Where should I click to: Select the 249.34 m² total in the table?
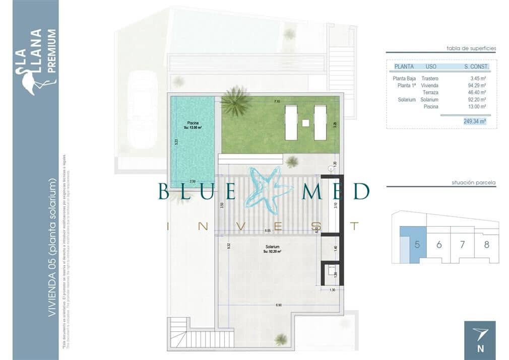pyautogui.click(x=475, y=121)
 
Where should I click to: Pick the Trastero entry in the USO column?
pyautogui.click(x=430, y=79)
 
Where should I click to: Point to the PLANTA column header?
pyautogui.click(x=404, y=66)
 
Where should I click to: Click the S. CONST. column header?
pyautogui.click(x=476, y=66)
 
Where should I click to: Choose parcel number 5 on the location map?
pyautogui.click(x=417, y=245)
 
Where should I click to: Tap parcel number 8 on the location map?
pyautogui.click(x=486, y=245)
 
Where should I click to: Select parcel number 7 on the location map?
pyautogui.click(x=463, y=245)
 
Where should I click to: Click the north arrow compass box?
pyautogui.click(x=480, y=340)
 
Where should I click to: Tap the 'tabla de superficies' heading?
pyautogui.click(x=471, y=48)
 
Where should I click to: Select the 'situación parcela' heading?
pyautogui.click(x=473, y=182)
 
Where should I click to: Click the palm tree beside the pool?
pyautogui.click(x=235, y=101)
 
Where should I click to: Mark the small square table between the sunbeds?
pyautogui.click(x=305, y=122)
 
